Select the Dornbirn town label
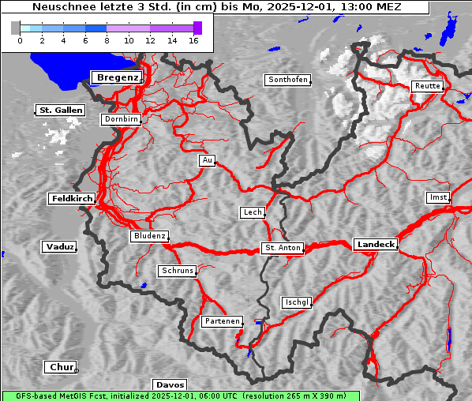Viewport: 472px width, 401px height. point(122,120)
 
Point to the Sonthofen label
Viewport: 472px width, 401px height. point(287,80)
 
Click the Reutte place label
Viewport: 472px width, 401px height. point(427,86)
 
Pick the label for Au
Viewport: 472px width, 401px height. point(207,160)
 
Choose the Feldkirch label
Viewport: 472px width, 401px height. point(72,199)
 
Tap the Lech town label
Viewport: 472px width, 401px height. point(252,212)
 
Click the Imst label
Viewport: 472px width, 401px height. point(436,197)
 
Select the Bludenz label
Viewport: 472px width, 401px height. point(149,236)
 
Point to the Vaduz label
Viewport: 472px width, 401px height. point(59,247)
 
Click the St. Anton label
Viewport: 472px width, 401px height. point(282,248)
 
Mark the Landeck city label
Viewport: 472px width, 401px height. point(375,245)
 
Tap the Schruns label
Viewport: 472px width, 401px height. point(177,271)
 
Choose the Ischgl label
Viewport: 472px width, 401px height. point(297,302)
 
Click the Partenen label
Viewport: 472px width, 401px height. point(221,321)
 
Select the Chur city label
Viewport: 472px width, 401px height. point(60,367)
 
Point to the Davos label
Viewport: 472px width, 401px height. point(170,385)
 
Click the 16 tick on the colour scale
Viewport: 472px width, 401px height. point(193,39)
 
